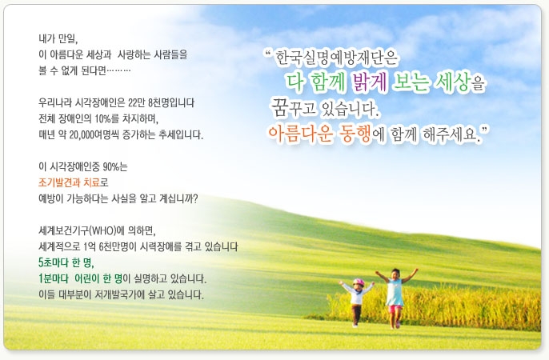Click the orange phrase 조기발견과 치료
coord(69,182)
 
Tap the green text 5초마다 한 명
coord(66,262)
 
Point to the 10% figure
coord(102,118)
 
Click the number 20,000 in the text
coord(82,134)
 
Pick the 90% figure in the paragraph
coord(110,166)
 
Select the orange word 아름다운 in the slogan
coord(301,134)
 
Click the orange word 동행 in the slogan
coord(355,134)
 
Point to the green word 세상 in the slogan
coord(451,82)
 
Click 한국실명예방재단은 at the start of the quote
coord(336,58)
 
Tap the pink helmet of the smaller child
coord(359,282)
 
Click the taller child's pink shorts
coord(395,309)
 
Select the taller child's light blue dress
coord(395,292)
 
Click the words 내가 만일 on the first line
coord(58,38)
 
